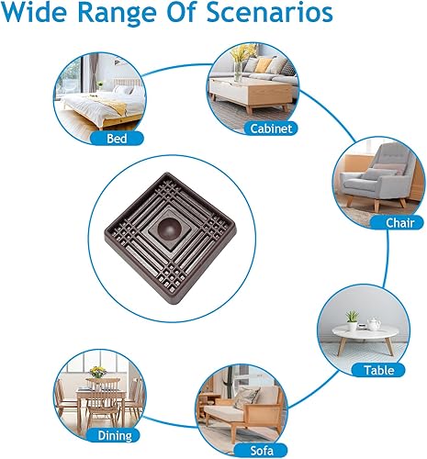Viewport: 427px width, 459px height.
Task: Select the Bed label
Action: [x=118, y=139]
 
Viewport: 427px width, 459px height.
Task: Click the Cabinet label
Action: [x=271, y=129]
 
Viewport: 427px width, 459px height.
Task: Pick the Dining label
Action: [x=116, y=435]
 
